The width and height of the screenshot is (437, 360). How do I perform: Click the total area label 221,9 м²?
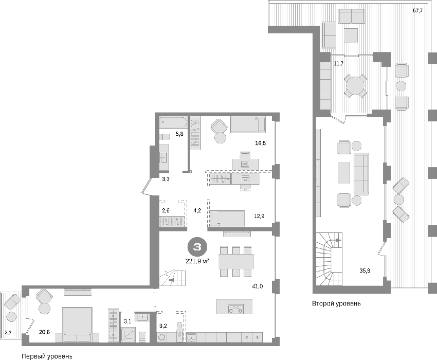pos(197,261)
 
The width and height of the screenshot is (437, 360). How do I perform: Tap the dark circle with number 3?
pos(197,247)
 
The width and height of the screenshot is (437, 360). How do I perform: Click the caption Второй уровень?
pos(336,303)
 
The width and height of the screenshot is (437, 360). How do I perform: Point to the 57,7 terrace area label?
pos(418,11)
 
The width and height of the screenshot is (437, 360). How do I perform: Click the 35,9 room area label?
pos(365,270)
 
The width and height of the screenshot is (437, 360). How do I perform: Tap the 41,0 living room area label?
pos(258,286)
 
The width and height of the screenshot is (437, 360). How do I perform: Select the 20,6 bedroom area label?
pos(44,332)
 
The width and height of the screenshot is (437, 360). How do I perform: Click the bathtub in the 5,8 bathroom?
pos(173,122)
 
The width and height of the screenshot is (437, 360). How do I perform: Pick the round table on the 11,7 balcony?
pos(355,85)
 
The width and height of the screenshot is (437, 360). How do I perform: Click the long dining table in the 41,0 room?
pos(236,261)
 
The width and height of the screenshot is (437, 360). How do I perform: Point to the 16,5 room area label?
pos(260,143)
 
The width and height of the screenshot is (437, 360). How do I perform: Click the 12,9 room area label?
pos(259,216)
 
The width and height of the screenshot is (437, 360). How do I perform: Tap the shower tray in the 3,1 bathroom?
pos(129,334)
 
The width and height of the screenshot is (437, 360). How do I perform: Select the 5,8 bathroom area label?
pos(179,134)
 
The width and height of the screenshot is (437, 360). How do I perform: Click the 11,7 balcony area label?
pos(339,63)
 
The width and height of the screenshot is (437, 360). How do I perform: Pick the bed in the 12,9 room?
pos(228,219)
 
